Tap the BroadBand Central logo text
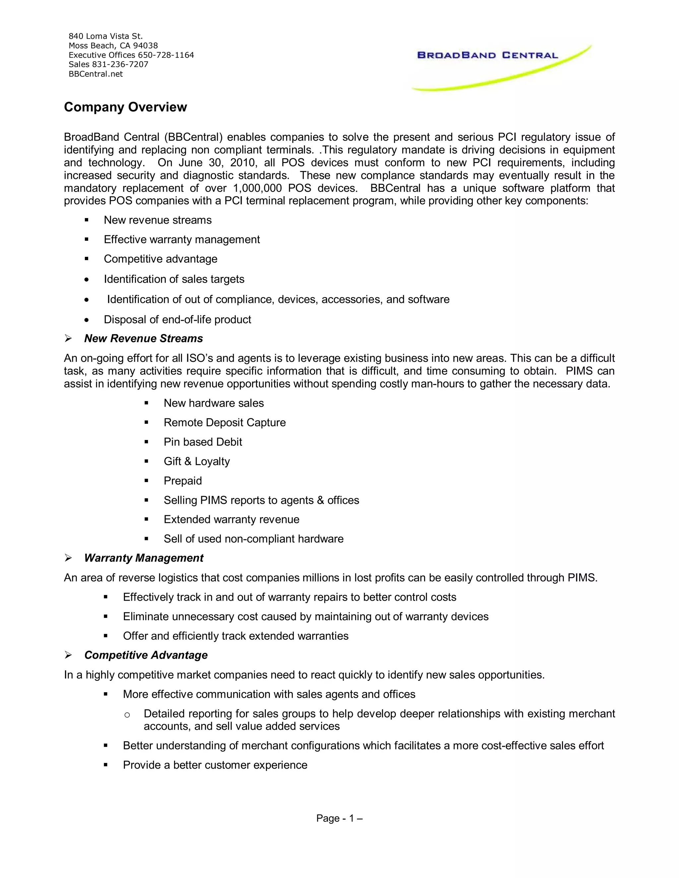click(x=487, y=55)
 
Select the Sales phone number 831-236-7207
click(x=120, y=64)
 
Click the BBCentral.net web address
click(x=96, y=74)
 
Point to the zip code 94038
click(x=145, y=46)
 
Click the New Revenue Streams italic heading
click(x=143, y=339)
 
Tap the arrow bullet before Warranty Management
click(x=68, y=558)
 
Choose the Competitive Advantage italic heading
click(x=146, y=655)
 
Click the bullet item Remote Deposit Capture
click(x=224, y=422)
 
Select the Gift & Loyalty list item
click(x=197, y=461)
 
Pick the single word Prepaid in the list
click(x=183, y=481)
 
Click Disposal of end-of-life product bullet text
click(x=177, y=320)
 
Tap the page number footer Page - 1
click(x=339, y=818)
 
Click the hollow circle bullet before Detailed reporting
click(x=127, y=714)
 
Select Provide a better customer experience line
click(x=215, y=765)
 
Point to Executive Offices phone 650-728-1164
click(x=166, y=55)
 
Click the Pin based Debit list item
click(x=203, y=442)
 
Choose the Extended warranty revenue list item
click(x=231, y=520)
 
